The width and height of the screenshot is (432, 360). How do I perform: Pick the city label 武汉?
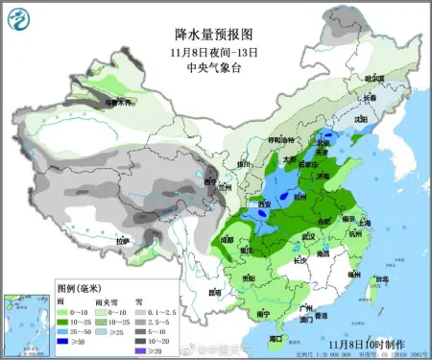click(x=308, y=234)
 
